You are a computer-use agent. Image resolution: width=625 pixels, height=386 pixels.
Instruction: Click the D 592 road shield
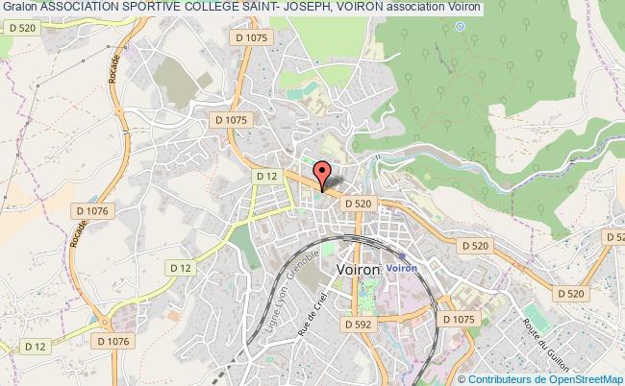(x=359, y=325)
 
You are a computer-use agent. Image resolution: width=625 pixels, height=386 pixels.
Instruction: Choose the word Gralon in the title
(x=19, y=7)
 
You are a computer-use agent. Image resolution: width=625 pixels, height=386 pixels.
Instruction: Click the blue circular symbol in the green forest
(x=459, y=26)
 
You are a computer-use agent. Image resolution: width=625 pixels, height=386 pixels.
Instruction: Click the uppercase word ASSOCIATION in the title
(x=84, y=7)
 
